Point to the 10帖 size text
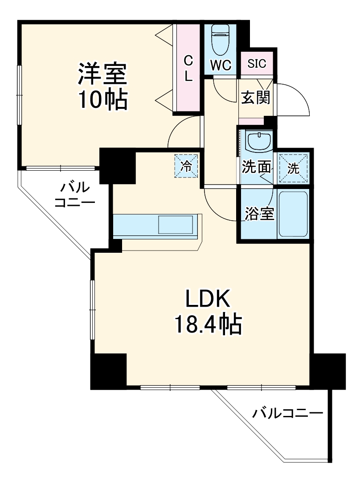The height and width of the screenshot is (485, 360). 103,100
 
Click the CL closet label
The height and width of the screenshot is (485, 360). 188,68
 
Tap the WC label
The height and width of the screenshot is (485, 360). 221,65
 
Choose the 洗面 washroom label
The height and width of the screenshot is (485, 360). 256,167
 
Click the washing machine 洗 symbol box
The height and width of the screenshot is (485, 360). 293,168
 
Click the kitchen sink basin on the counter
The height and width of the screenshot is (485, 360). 176,225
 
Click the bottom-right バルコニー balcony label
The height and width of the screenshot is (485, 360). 287,413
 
